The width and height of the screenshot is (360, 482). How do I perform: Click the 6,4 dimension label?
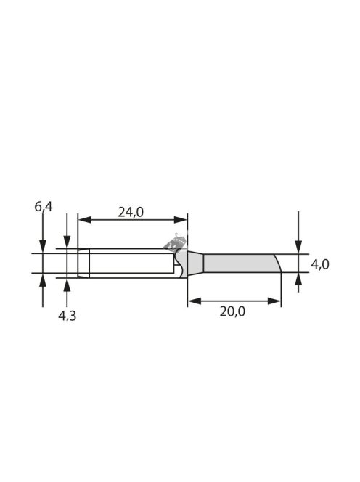pyautogui.click(x=44, y=207)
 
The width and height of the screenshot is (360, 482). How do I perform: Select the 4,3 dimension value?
pyautogui.click(x=67, y=316)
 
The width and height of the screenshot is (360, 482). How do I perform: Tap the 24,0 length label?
pyautogui.click(x=131, y=212)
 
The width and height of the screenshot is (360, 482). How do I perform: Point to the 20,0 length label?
pyautogui.click(x=232, y=311)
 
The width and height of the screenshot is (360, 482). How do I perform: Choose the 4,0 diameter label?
pyautogui.click(x=320, y=264)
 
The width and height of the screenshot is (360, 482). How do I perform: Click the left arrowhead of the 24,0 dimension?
pyautogui.click(x=85, y=220)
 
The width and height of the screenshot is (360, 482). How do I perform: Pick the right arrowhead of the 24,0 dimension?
pyautogui.click(x=181, y=220)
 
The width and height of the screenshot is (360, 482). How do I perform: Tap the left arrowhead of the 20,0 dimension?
pyautogui.click(x=195, y=301)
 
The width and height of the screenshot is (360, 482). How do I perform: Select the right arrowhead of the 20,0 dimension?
pyautogui.click(x=274, y=301)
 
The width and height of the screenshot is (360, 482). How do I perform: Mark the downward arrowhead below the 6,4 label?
pyautogui.click(x=43, y=247)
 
